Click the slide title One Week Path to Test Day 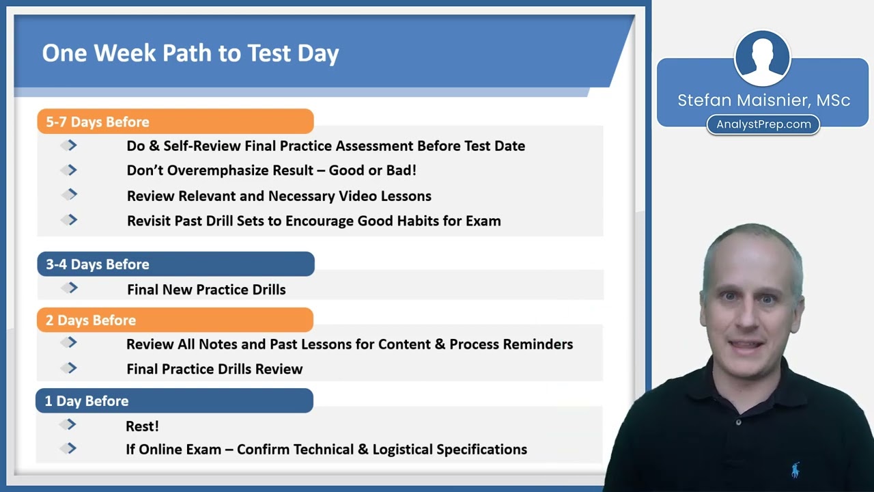[x=191, y=53]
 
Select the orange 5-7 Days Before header [x=175, y=122]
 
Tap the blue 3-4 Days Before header [x=175, y=264]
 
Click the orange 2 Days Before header [x=175, y=320]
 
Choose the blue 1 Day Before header [x=174, y=400]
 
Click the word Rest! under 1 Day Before [x=142, y=426]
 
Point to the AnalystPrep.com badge [x=763, y=124]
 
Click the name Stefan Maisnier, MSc [x=763, y=100]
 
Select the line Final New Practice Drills [x=206, y=290]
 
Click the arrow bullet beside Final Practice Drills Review [x=70, y=368]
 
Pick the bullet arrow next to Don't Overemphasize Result [x=70, y=170]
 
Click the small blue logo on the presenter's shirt [x=795, y=470]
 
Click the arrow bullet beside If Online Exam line [x=70, y=449]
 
